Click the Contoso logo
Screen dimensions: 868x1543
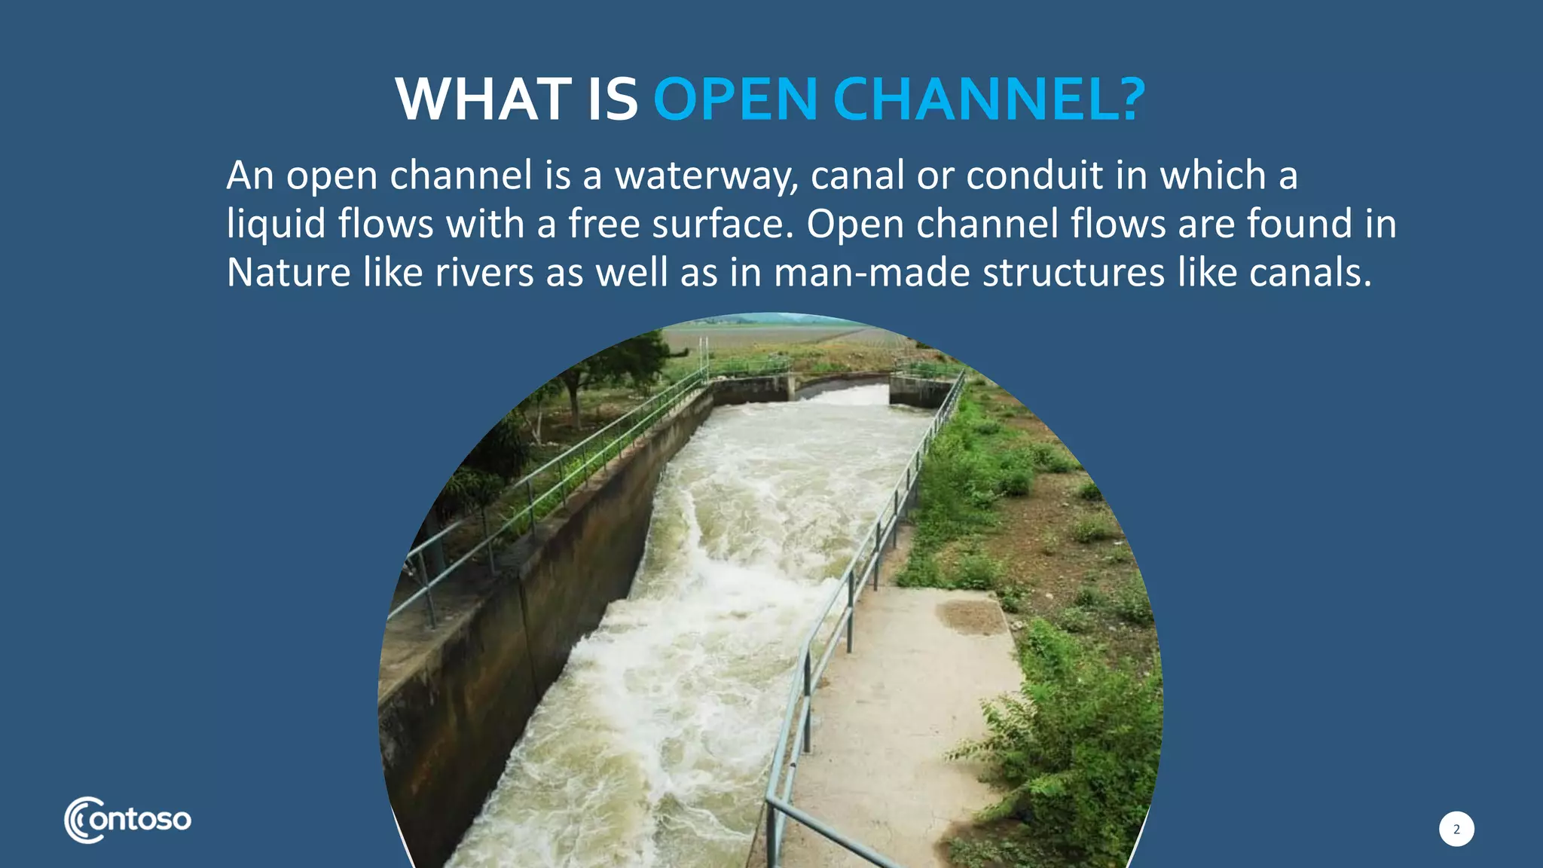point(128,820)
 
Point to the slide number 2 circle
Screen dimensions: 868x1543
point(1456,829)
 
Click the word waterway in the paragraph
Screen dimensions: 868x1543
point(706,176)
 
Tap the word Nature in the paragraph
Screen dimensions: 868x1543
point(289,272)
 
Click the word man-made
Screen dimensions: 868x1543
point(872,272)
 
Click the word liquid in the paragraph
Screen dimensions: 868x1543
point(276,224)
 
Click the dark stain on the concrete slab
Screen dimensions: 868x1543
point(971,616)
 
